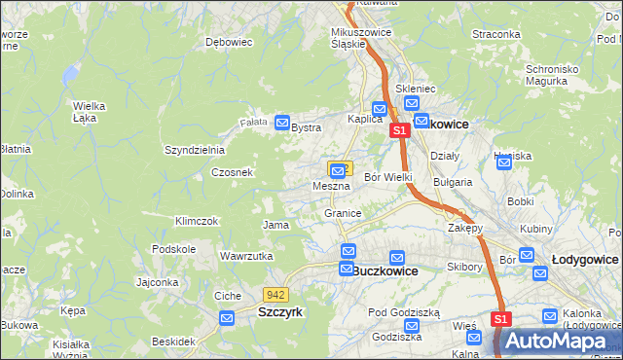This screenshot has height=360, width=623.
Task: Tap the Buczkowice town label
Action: [385, 272]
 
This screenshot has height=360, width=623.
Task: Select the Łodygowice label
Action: [585, 260]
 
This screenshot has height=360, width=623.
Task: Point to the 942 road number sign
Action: [275, 295]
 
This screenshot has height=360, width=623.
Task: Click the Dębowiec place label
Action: [230, 43]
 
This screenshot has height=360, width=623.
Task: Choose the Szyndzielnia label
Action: [195, 150]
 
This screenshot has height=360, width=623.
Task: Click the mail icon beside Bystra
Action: [282, 124]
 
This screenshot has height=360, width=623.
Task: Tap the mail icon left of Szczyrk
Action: [227, 318]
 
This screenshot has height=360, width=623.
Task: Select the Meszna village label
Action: [331, 185]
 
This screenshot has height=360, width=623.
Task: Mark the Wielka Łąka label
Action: [89, 112]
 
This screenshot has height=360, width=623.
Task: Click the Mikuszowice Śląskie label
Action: [359, 36]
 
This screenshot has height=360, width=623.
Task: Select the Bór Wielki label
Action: [388, 177]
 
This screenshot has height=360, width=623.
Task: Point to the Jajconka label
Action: [158, 283]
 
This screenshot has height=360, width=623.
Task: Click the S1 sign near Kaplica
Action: [398, 129]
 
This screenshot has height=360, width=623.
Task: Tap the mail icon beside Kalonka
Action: [550, 316]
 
